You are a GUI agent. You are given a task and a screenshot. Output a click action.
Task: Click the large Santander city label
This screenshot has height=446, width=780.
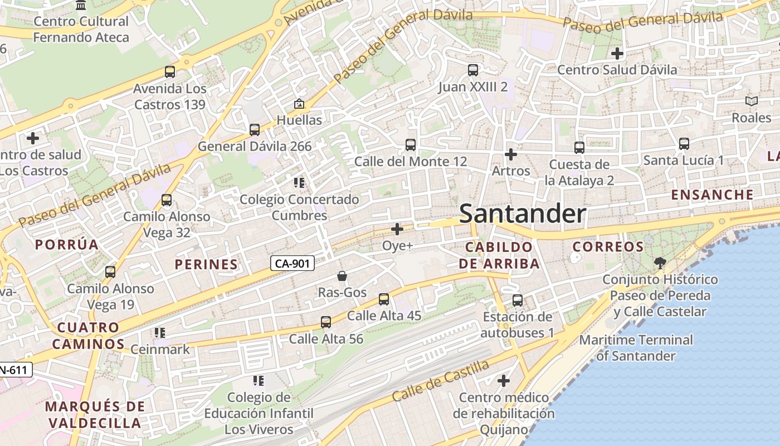(x=523, y=214)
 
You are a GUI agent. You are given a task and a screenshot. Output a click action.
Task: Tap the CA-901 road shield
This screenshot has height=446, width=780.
(x=292, y=263)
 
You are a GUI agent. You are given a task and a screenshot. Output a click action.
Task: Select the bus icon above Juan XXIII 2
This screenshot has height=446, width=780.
(x=473, y=70)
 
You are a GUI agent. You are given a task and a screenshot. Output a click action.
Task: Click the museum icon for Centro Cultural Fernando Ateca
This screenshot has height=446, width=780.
(x=81, y=6)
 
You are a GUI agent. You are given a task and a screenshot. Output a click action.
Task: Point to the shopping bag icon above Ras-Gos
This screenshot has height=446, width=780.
(x=342, y=276)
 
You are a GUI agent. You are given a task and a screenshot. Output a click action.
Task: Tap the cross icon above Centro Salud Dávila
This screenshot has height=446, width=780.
(x=617, y=54)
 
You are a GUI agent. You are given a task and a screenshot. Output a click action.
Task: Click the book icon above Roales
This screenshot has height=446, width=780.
(x=752, y=101)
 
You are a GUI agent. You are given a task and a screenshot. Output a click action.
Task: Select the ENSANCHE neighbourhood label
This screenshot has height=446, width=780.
(x=712, y=195)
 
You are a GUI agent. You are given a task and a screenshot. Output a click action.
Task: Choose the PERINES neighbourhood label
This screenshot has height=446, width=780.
(x=206, y=264)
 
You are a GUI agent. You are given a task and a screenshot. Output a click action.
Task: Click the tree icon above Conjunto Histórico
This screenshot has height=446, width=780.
(x=660, y=263)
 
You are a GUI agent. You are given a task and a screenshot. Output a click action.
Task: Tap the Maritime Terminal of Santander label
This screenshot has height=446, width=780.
(x=636, y=347)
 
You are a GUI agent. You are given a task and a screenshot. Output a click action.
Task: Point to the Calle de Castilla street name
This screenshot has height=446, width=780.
(x=440, y=381)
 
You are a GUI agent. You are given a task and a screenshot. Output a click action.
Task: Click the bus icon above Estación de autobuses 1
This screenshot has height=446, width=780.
(x=518, y=300)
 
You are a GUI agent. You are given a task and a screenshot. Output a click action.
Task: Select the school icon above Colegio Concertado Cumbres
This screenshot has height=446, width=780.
(x=299, y=183)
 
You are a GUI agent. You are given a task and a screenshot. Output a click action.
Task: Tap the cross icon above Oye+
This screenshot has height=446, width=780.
(x=397, y=229)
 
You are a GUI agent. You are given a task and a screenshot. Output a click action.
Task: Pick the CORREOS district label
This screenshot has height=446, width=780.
(x=608, y=246)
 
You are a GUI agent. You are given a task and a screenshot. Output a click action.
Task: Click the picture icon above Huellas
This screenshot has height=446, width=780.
(x=299, y=104)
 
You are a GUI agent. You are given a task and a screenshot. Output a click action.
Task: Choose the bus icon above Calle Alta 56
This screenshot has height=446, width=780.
(x=326, y=322)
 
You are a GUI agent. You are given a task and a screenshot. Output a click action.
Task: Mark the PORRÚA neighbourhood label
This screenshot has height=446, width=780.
(x=67, y=244)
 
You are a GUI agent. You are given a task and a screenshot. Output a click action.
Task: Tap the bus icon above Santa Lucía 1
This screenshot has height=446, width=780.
(x=684, y=144)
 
